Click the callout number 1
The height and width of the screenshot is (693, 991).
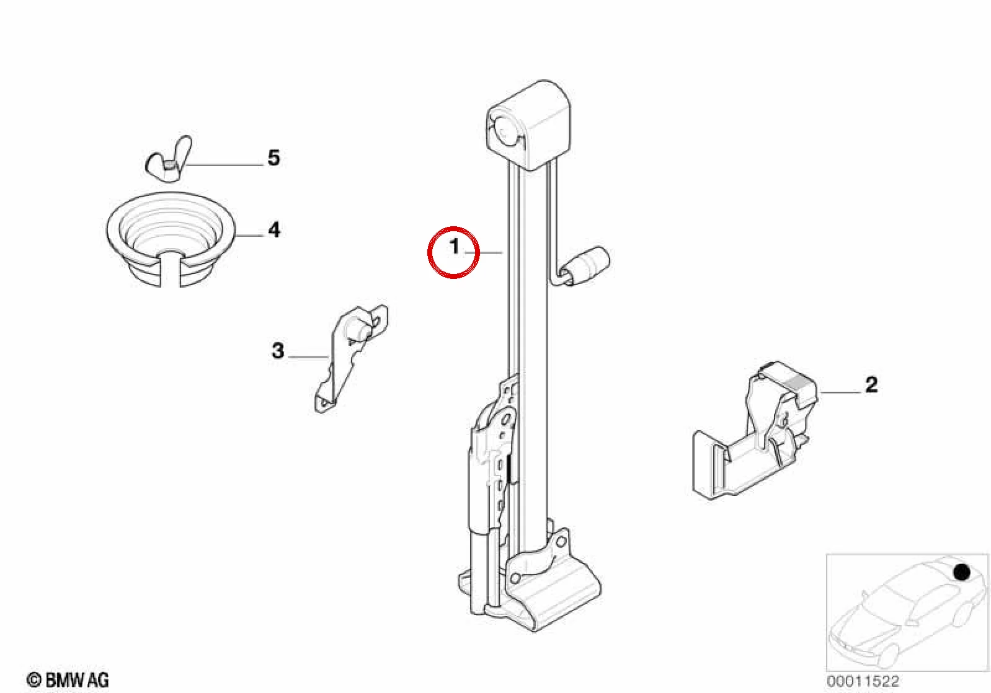click(x=454, y=246)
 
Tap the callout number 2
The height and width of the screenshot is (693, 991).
click(x=871, y=385)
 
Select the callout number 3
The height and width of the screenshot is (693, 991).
click(x=277, y=351)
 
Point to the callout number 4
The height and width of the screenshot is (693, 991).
click(x=274, y=230)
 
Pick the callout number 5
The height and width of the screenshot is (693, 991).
click(x=274, y=158)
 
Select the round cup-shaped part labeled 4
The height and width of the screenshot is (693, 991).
click(x=171, y=239)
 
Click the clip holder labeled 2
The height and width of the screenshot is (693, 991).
click(x=754, y=431)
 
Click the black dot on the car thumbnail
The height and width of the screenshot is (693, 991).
click(x=961, y=573)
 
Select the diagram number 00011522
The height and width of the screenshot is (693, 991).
click(x=863, y=681)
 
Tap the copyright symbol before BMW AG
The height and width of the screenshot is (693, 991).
click(x=34, y=680)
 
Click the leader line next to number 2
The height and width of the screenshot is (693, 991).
click(x=840, y=392)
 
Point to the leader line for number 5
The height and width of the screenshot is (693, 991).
click(x=224, y=166)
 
